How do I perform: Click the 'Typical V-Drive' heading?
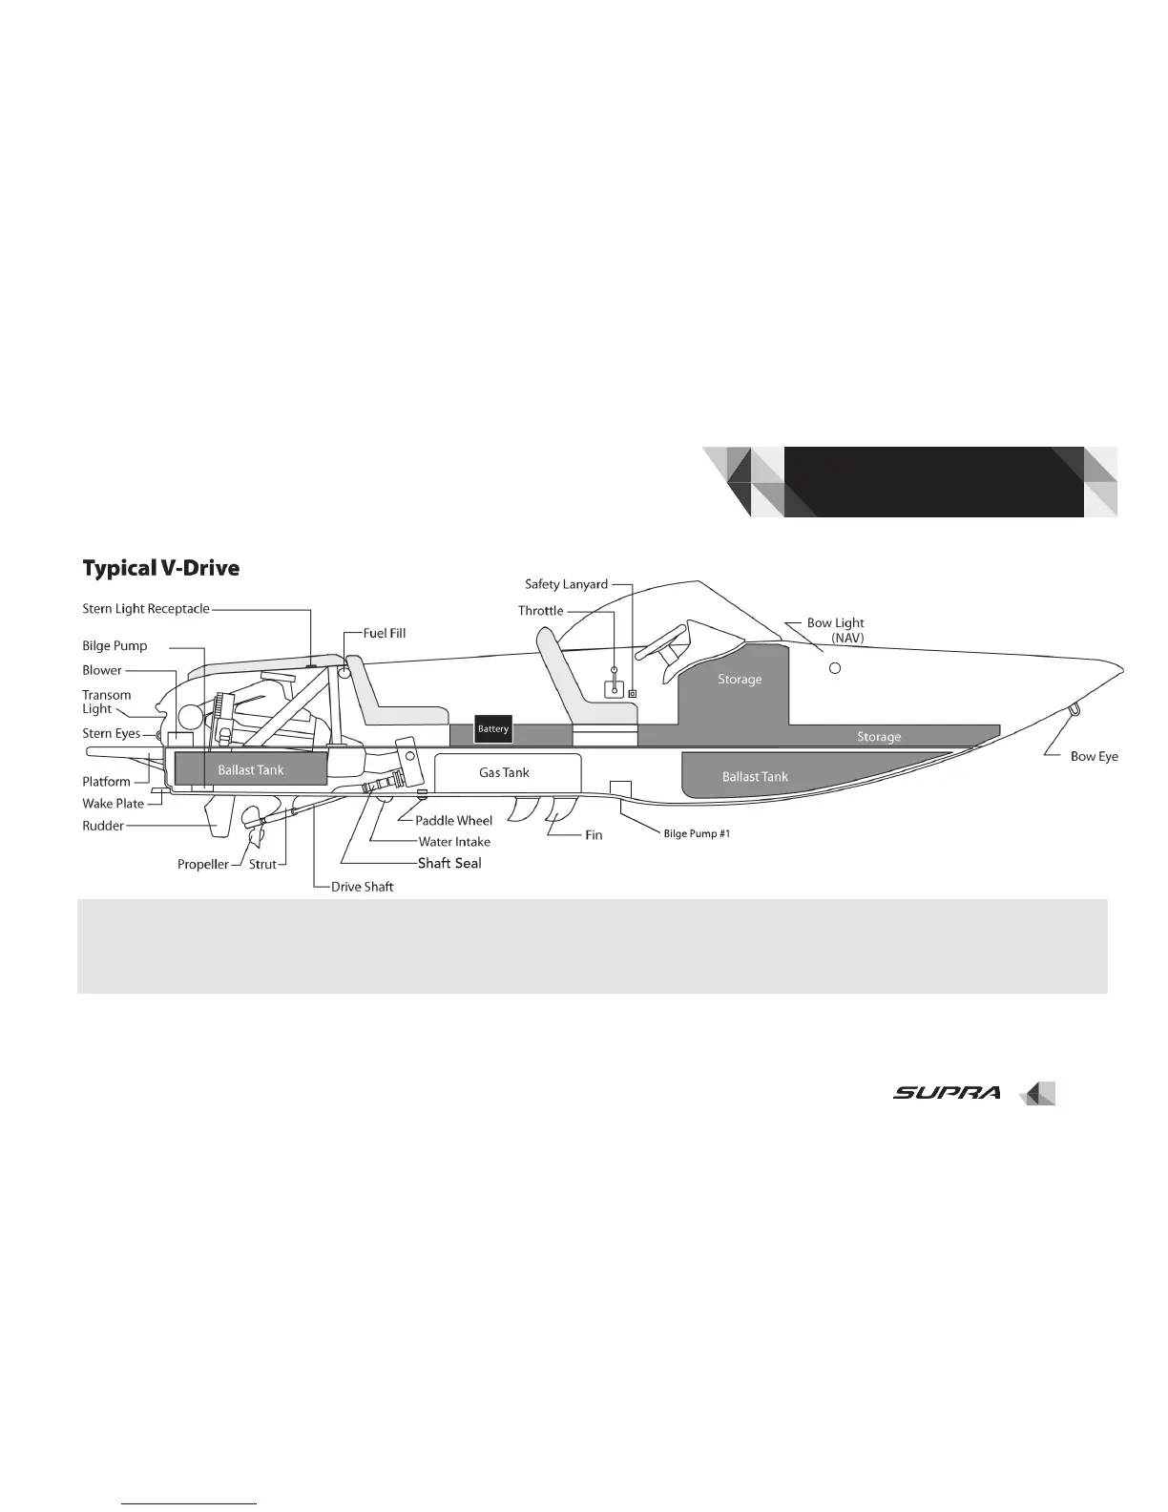coord(160,569)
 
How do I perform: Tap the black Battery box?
coord(493,729)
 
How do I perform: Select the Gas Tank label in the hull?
coord(504,772)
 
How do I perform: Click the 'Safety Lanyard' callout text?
coord(566,584)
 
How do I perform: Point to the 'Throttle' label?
coord(541,611)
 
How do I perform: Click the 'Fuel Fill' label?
coord(385,633)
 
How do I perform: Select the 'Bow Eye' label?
coord(1094,756)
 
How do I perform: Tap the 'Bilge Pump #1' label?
coord(697,834)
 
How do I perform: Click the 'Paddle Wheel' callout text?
coord(453,821)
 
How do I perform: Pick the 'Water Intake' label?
coord(454,842)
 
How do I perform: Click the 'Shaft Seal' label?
coord(449,863)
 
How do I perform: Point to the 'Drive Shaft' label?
coord(363,887)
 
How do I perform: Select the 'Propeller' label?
coord(203,865)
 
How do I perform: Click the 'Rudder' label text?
coord(103,826)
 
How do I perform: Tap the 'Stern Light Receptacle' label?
coord(146,609)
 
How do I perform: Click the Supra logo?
coord(947,1093)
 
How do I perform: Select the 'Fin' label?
coord(594,835)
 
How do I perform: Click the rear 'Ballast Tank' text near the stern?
coord(250,770)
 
